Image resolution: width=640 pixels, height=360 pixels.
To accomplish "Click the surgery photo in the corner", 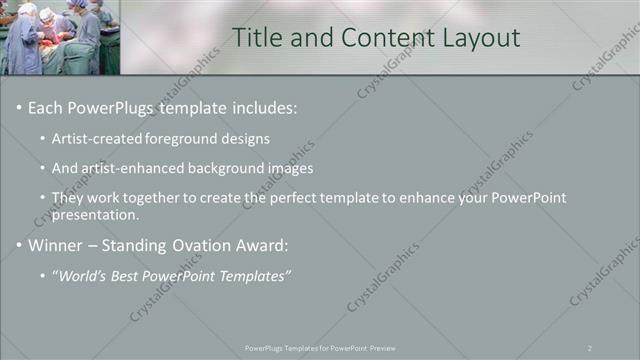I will pos(60,37).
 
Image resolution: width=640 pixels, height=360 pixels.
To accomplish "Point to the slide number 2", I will pos(590,347).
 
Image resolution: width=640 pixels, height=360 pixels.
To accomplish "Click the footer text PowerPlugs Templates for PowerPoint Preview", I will pos(320,347).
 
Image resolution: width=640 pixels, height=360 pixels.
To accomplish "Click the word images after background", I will pos(292,168).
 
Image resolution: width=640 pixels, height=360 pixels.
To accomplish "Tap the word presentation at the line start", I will pos(95,214).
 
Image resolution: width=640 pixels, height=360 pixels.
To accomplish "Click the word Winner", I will pos(56,245).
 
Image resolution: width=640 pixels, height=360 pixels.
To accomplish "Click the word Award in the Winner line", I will pos(263,245).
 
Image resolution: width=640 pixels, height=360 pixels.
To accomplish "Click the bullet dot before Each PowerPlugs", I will pos(19,107).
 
